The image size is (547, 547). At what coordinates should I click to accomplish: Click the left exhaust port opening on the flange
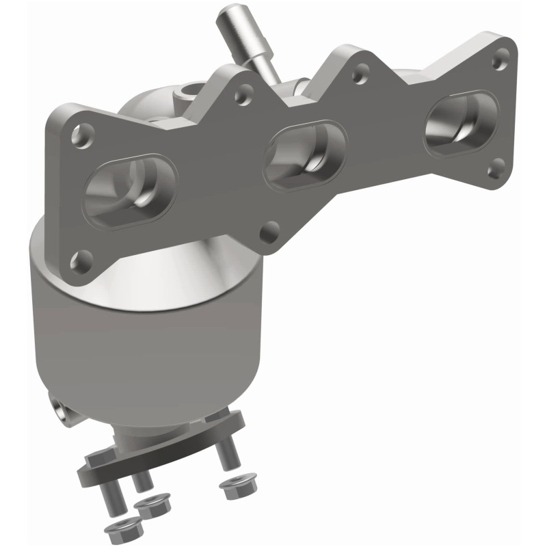[132, 192]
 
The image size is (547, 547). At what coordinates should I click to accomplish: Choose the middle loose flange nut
[150, 507]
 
